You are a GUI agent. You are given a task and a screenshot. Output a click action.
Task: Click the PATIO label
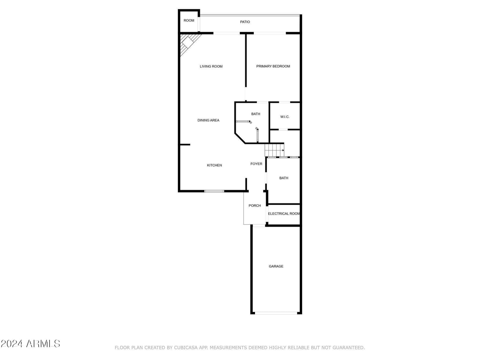point(245,22)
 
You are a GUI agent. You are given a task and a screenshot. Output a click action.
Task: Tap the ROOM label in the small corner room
point(189,20)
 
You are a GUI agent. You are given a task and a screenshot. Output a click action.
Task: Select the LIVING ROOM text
point(211,66)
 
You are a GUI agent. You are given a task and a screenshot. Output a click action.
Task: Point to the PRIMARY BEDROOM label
point(273,66)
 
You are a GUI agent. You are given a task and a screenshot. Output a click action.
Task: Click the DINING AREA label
point(208,120)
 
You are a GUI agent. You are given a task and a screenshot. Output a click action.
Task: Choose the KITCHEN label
point(214,165)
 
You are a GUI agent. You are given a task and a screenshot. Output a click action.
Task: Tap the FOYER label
point(256,164)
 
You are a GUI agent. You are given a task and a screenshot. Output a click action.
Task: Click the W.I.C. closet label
point(285,117)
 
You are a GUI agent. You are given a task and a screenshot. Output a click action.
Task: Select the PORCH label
point(254,205)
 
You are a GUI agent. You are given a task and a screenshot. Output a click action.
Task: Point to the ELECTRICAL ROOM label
point(283,214)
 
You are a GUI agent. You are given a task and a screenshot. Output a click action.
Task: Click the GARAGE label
point(276,266)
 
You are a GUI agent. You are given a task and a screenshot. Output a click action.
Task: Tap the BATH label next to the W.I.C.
point(255,114)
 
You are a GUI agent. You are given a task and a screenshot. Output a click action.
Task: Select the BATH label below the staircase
point(283,178)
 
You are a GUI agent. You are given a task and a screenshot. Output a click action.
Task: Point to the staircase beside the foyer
point(274,150)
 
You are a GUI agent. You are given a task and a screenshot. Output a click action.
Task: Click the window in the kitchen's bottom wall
point(214,191)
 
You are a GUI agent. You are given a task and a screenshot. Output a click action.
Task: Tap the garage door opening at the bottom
point(276,313)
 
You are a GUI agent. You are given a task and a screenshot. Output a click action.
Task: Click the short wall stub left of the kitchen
point(185,145)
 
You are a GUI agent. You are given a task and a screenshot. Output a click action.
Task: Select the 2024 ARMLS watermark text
point(30,344)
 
